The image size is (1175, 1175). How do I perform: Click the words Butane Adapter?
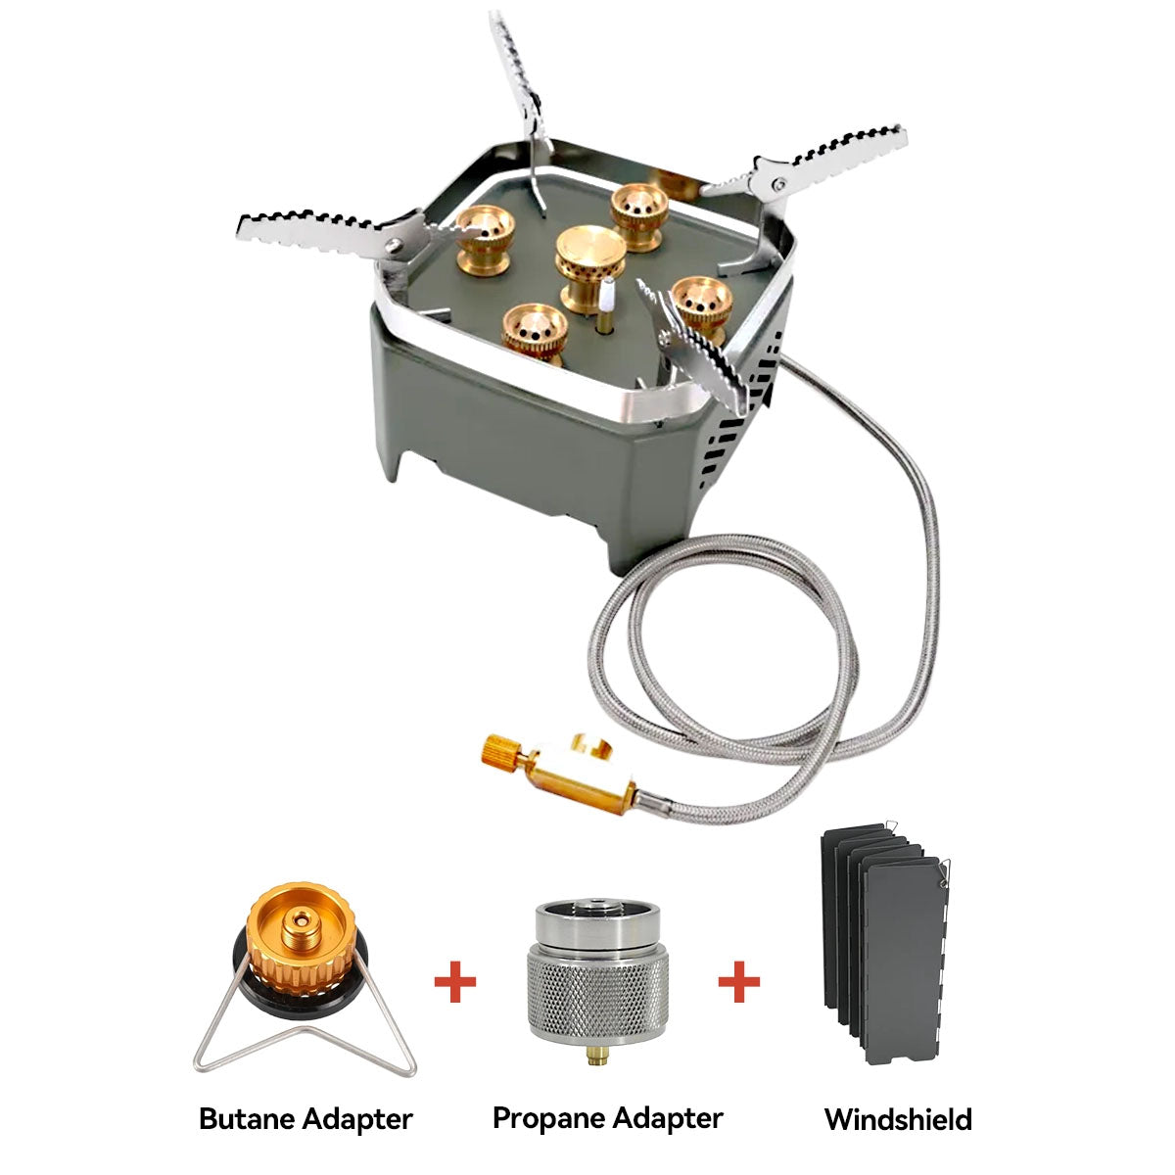tap(305, 1118)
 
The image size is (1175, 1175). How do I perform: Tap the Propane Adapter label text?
tap(607, 1117)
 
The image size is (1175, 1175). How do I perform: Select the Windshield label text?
tap(898, 1119)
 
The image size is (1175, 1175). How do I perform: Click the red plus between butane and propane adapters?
tap(455, 982)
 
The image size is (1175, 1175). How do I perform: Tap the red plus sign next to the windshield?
tap(739, 982)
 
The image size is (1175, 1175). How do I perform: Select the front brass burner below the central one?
tap(534, 330)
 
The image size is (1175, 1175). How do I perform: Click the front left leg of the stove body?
tap(392, 450)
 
